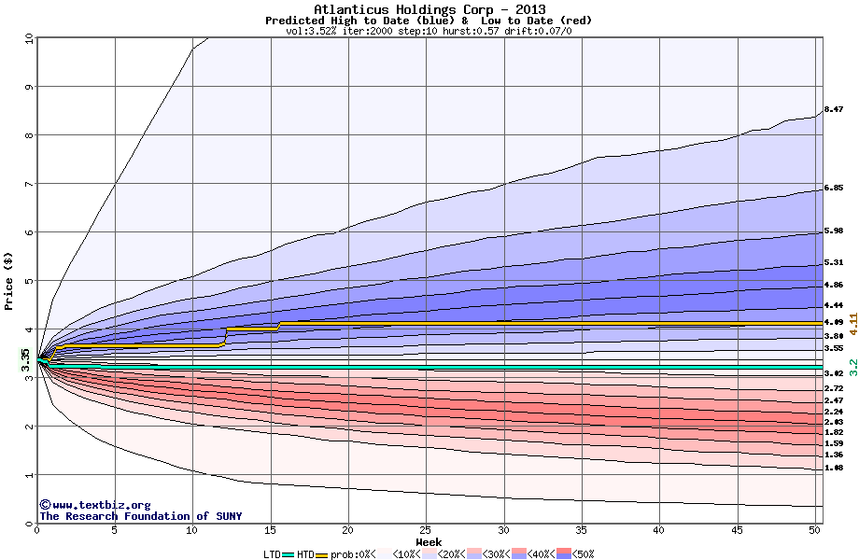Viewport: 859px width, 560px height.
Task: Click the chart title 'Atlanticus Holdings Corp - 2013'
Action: coord(429,9)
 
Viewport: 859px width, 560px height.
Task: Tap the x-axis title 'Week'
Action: coord(429,541)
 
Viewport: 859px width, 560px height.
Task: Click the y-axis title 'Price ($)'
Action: coord(8,281)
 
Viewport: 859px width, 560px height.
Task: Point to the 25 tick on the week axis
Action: coord(426,530)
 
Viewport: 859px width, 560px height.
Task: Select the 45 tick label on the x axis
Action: coord(737,530)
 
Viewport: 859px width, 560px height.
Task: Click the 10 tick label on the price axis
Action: coord(28,38)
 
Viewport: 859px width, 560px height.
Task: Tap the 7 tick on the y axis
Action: coord(28,184)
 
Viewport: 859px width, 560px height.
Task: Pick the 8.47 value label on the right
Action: coord(834,110)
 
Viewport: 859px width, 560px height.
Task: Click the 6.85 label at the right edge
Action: coord(834,189)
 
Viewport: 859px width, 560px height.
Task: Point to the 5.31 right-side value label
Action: coord(834,263)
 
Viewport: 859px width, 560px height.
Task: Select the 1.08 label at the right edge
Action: coord(834,468)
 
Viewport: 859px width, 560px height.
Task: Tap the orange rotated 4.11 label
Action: coord(852,324)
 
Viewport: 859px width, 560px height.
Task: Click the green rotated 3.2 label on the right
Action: coord(852,366)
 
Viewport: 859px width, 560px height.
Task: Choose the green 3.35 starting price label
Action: coord(26,360)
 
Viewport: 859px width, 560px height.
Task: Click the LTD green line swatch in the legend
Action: coord(289,554)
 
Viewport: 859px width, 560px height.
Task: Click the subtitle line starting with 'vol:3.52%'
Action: coord(429,31)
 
